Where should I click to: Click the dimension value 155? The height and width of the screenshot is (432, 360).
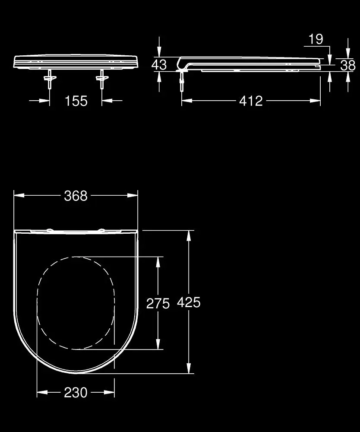tap(76, 101)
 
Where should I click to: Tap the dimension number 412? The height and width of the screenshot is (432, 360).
tap(251, 101)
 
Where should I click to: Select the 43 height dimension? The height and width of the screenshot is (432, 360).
tap(159, 65)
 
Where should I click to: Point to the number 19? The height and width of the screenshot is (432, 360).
tap(316, 39)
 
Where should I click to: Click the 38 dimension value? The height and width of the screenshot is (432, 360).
tap(348, 66)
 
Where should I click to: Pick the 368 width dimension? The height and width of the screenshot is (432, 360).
tap(76, 196)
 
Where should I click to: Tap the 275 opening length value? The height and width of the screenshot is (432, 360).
tap(158, 304)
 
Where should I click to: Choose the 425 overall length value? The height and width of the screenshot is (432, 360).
tap(189, 302)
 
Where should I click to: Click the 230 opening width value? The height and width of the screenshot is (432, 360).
tap(76, 392)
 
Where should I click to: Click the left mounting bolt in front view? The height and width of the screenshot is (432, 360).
tap(50, 79)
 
